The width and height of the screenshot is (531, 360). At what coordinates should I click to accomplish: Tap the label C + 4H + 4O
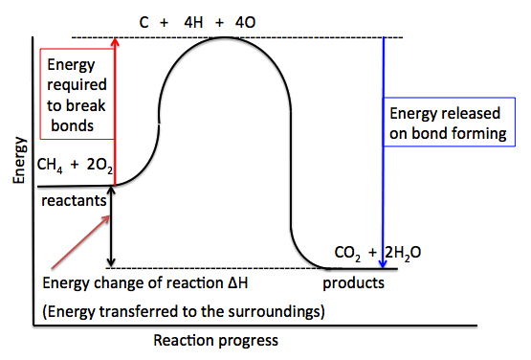223,18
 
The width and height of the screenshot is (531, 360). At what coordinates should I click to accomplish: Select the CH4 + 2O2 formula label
76,166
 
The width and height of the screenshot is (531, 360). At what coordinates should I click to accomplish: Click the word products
353,283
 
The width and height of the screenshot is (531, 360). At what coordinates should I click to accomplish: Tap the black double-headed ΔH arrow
113,226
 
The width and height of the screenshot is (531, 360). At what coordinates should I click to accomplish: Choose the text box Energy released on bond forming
446,124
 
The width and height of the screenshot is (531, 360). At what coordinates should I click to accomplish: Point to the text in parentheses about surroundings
183,310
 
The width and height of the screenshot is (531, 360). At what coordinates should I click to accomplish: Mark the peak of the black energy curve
224,38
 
